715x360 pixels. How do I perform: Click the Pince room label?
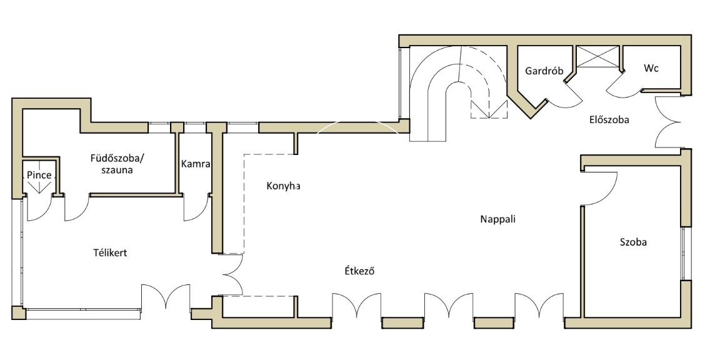pyautogui.click(x=39, y=176)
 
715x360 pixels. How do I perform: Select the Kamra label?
pyautogui.click(x=195, y=164)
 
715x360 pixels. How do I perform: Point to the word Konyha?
pyautogui.click(x=283, y=186)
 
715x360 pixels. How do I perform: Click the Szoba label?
pyautogui.click(x=632, y=242)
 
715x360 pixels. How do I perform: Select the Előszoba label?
pyautogui.click(x=609, y=120)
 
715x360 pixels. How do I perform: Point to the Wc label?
pyautogui.click(x=651, y=67)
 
